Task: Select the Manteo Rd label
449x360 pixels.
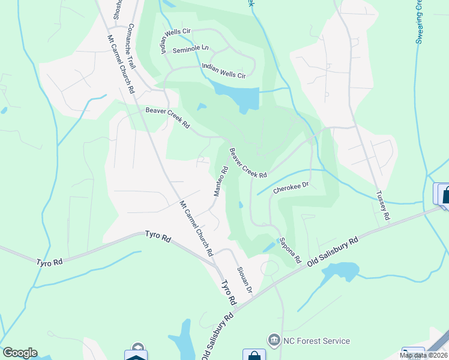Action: click(220, 181)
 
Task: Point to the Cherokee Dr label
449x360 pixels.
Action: click(291, 188)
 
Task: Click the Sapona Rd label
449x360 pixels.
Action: click(289, 250)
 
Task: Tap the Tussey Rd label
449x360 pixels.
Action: click(383, 205)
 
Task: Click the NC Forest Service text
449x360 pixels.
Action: click(316, 341)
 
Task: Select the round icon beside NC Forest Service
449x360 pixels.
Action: click(275, 341)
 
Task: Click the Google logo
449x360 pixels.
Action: click(20, 353)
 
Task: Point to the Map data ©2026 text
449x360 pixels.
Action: click(423, 355)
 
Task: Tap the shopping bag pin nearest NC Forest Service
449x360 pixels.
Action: click(253, 355)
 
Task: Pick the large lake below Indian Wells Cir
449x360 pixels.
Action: click(238, 95)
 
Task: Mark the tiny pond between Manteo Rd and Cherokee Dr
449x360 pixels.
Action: click(240, 205)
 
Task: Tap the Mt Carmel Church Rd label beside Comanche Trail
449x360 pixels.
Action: click(120, 64)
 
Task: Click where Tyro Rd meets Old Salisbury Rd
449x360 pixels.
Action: click(235, 311)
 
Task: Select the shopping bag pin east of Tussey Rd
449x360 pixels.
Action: click(444, 195)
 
